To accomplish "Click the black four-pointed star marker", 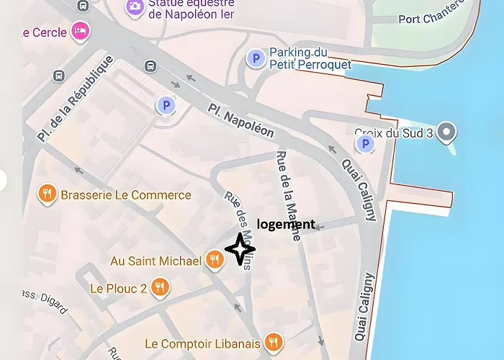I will coord(240,249).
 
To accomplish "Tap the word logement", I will coord(286,224).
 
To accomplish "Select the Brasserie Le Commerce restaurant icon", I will coord(48,194).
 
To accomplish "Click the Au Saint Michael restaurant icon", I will coord(214,259).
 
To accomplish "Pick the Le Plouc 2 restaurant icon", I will coord(160,288).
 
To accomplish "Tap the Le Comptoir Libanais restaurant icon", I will coord(272,342).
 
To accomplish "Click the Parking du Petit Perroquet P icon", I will coord(254,58).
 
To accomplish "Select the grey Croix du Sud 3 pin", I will coord(448,132).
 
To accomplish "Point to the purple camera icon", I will coord(134,7).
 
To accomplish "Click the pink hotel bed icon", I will coord(79,31).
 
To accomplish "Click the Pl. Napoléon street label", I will coord(242,120).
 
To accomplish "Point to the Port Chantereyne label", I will coord(440,19).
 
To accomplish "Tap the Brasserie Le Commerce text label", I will coord(126,195).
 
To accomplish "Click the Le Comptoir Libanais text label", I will coord(202,343).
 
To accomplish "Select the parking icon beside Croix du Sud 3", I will coord(366,145).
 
